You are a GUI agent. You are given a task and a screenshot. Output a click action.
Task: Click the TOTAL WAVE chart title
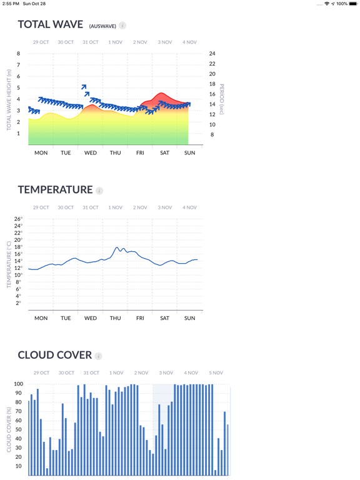pos(51,24)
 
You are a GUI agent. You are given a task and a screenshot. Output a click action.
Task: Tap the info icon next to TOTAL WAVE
pos(122,26)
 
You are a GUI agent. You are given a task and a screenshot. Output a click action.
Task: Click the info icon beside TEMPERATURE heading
pos(99,191)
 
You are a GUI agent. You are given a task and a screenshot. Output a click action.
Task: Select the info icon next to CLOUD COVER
pos(98,356)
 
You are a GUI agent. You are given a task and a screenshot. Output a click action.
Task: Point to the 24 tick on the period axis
pos(212,54)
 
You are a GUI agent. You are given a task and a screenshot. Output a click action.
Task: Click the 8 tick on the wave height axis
pos(18,54)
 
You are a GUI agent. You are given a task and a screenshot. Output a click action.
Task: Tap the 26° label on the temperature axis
pos(18,219)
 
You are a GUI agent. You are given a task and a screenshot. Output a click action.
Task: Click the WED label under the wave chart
pos(91,152)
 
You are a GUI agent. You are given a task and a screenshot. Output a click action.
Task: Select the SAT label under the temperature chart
pos(165,318)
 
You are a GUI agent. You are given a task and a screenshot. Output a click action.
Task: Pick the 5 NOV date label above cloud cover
pos(216,373)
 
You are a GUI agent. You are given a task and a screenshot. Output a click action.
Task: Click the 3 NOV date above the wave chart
pos(165,42)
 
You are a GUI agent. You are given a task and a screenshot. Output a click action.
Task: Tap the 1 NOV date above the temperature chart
pos(115,207)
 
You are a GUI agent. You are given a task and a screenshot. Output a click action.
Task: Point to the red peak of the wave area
pos(161,93)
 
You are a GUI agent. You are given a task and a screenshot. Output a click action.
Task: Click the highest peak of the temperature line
pos(117,247)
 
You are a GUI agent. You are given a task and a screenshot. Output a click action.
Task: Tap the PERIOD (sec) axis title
pos(222,99)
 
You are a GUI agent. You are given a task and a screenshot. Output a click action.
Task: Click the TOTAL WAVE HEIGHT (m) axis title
pos(9,100)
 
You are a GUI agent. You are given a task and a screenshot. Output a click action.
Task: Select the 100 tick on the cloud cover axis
pos(18,384)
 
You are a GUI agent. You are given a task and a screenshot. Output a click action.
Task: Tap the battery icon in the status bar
pos(353,4)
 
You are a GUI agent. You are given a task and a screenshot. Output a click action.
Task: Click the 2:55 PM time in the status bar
pos(11,4)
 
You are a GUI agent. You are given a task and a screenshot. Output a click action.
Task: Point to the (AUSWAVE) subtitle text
pos(102,26)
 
